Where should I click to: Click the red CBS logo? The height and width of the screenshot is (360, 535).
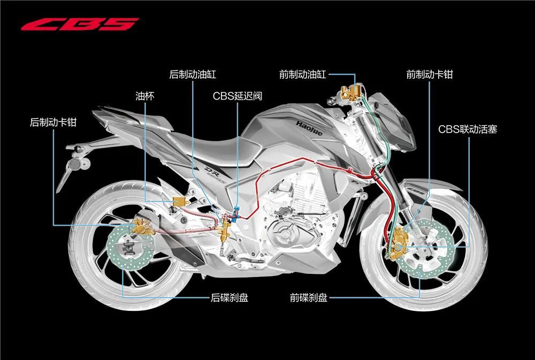point(80,24)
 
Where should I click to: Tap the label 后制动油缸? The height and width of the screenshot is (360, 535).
point(193,74)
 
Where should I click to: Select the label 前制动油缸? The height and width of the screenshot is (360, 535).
point(303,74)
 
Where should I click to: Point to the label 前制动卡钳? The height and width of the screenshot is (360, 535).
point(430,74)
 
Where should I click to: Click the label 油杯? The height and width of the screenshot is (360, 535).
point(145,96)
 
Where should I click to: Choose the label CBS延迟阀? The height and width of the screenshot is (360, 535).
point(238,96)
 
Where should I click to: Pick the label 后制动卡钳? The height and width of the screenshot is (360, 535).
point(53,122)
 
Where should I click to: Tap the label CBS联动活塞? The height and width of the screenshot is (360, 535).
point(468,129)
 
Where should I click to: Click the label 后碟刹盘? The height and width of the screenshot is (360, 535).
point(230,297)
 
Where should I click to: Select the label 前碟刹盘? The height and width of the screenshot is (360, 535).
point(309,297)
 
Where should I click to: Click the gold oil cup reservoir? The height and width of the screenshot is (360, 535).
point(179,201)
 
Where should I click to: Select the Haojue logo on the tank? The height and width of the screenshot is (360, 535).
point(309,128)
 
